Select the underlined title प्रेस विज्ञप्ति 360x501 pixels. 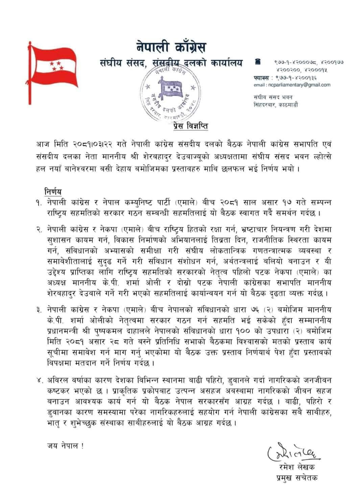point(189,126)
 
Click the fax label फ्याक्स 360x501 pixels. point(261,77)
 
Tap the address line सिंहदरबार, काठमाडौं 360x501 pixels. point(276,105)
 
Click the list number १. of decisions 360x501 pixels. point(40,202)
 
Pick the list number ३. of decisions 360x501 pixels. point(40,308)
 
